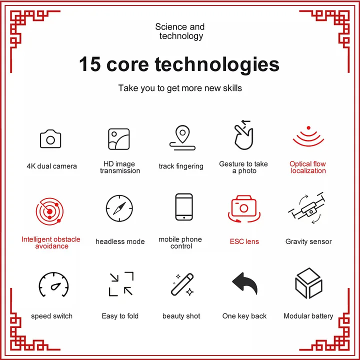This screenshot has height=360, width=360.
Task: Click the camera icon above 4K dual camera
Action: tap(50, 139)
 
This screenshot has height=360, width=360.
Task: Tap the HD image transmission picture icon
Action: tap(119, 139)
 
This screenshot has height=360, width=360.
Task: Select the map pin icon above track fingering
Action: tap(182, 138)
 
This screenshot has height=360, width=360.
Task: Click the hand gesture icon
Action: tap(243, 135)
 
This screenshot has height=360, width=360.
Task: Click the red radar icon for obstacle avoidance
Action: tap(49, 211)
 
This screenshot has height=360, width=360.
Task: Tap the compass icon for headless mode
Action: tap(119, 208)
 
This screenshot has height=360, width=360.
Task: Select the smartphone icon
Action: tap(184, 207)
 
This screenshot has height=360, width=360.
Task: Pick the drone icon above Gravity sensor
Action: tap(307, 208)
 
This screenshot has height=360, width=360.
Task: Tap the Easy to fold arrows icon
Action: tap(121, 284)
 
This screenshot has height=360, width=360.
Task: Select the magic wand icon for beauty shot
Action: tap(182, 284)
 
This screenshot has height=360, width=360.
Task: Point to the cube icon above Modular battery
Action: tap(308, 282)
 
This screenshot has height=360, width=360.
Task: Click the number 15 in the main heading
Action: tap(90, 64)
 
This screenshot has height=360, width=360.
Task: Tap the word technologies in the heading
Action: tap(217, 65)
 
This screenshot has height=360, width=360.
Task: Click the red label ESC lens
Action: tap(244, 241)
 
